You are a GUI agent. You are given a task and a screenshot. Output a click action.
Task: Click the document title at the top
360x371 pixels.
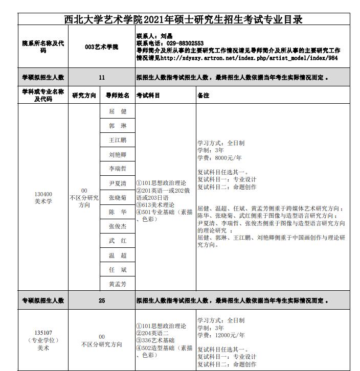[x=184, y=19]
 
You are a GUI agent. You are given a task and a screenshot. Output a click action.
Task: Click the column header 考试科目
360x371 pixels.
[x=148, y=96]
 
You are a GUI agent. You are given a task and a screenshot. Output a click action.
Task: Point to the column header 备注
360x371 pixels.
[x=204, y=96]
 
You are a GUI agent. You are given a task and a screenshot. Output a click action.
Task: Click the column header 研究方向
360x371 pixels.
[x=84, y=96]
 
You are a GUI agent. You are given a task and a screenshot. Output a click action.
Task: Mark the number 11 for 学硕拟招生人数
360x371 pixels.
[x=102, y=78]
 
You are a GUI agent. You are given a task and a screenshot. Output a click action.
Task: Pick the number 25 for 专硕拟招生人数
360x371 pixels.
[x=102, y=301]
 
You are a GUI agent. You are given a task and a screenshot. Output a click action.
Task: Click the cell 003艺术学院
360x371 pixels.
[x=102, y=47]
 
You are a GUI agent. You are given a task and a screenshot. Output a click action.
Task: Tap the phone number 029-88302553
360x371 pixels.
[x=185, y=44]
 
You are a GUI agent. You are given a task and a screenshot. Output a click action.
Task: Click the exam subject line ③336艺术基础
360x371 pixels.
[x=155, y=340]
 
